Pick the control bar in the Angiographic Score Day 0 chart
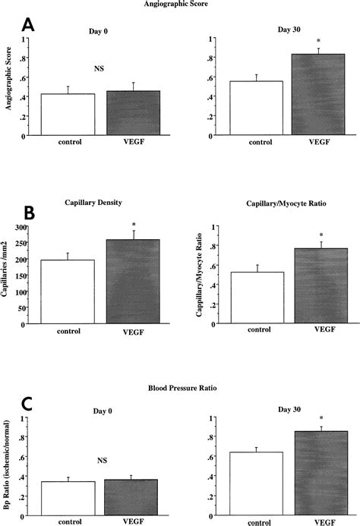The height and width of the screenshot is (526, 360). pos(67,114)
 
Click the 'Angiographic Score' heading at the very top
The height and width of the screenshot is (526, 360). pos(180,4)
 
